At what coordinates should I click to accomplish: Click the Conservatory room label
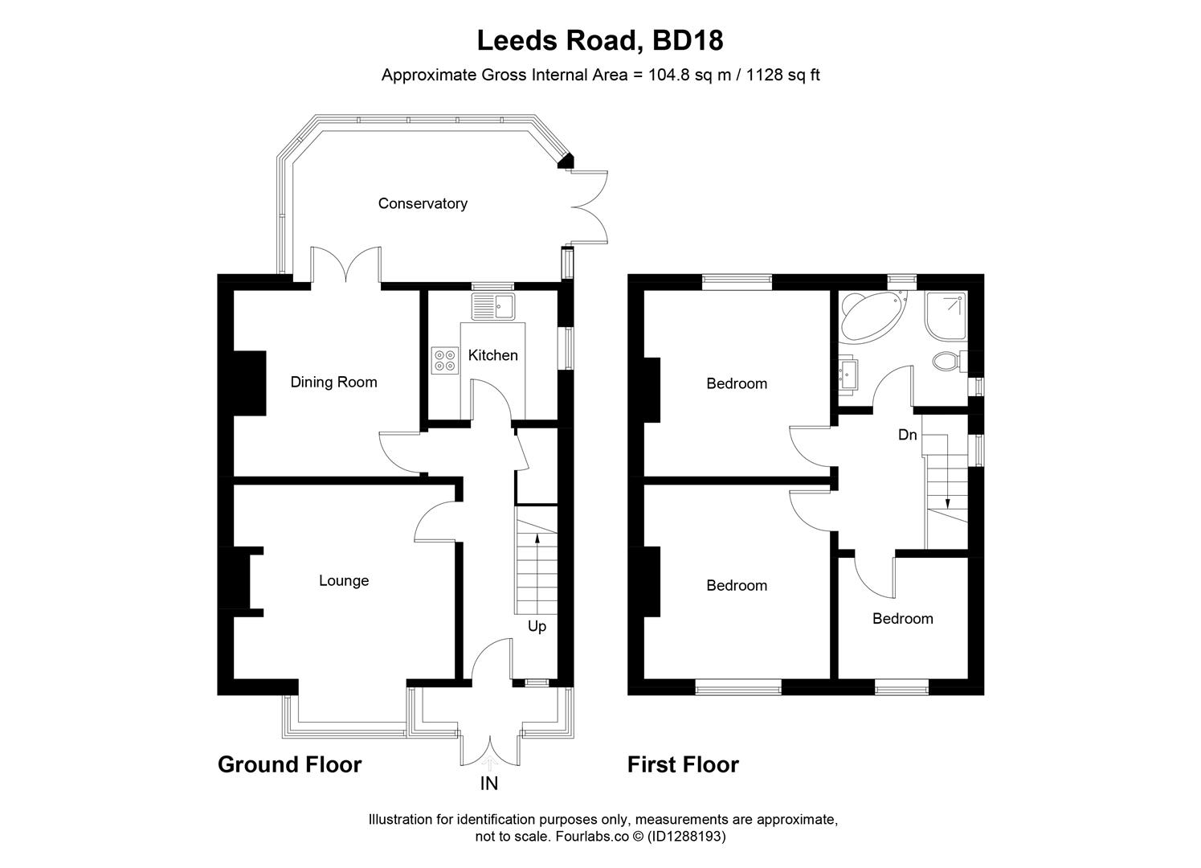coord(423,203)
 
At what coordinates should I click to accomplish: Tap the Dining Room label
coord(333,382)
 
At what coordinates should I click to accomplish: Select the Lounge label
coord(344,580)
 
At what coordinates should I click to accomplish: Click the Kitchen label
coord(492,354)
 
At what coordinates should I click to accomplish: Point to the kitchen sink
coord(493,306)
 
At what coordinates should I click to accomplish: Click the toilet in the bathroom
coord(950,360)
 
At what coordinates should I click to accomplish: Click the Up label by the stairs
coord(537,626)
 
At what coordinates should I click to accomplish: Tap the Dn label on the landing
coord(907,435)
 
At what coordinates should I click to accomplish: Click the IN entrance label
coord(489,784)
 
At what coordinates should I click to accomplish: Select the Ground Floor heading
coord(289,764)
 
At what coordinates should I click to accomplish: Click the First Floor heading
coord(683,764)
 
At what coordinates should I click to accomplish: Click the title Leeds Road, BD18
coord(600,39)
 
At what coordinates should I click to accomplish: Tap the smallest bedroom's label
coord(902,618)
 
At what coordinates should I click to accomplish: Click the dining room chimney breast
coord(248,383)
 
